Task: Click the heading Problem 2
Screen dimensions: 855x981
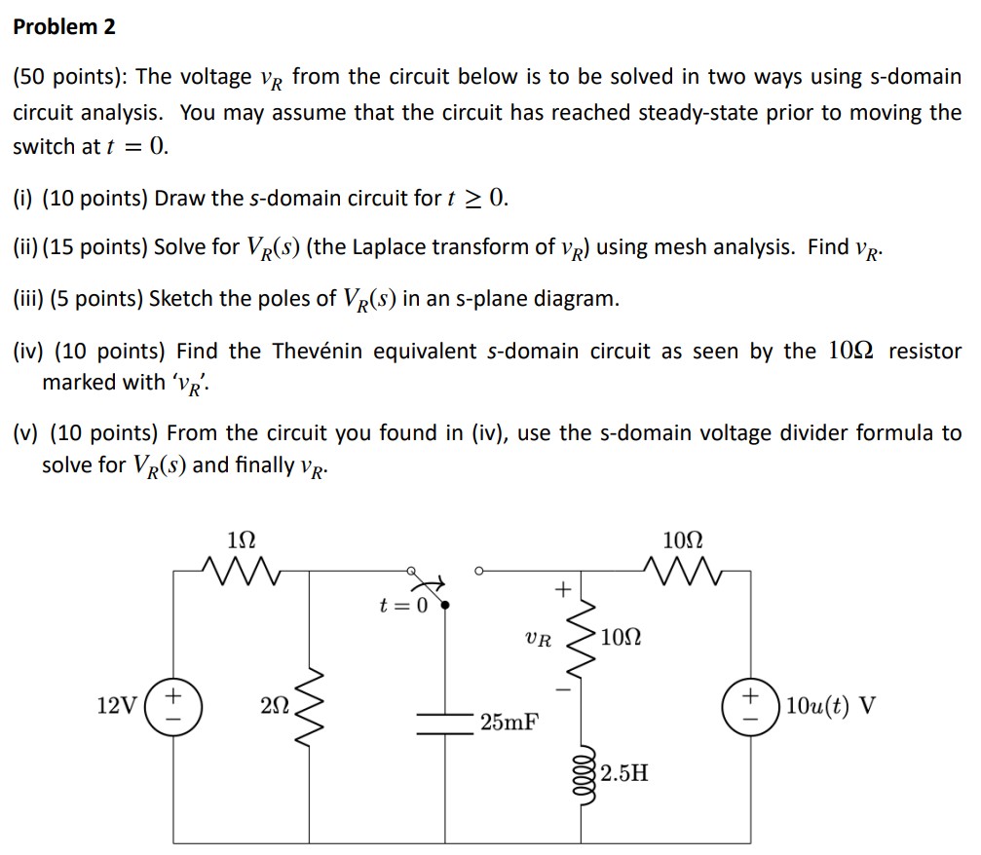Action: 64,27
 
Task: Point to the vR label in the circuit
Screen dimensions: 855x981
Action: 537,641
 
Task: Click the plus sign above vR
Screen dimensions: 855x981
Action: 560,588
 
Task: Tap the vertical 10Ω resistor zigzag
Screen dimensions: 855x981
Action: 585,639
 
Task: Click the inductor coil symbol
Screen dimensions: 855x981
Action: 585,772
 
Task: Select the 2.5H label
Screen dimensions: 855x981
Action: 624,774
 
